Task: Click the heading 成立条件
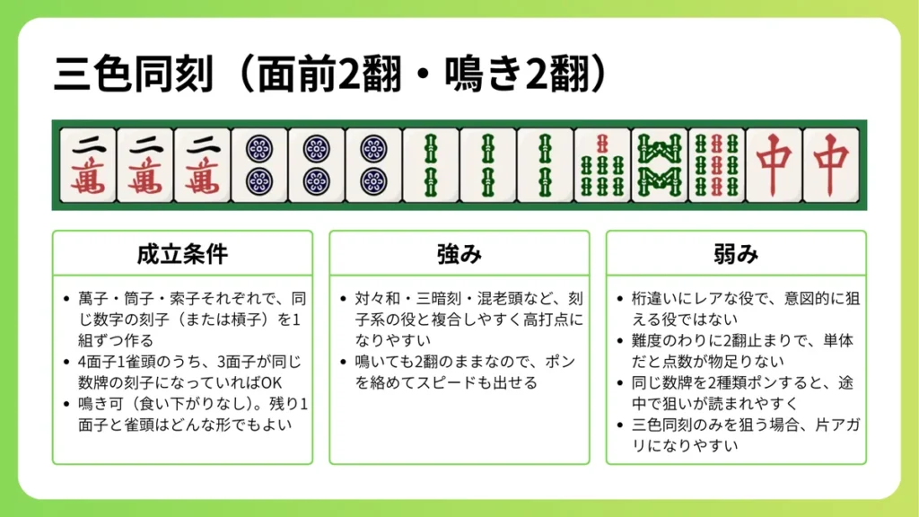182,255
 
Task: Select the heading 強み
459,255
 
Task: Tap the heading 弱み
736,255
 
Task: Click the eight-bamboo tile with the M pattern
660,165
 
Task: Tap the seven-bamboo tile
602,165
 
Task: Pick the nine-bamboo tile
717,165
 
